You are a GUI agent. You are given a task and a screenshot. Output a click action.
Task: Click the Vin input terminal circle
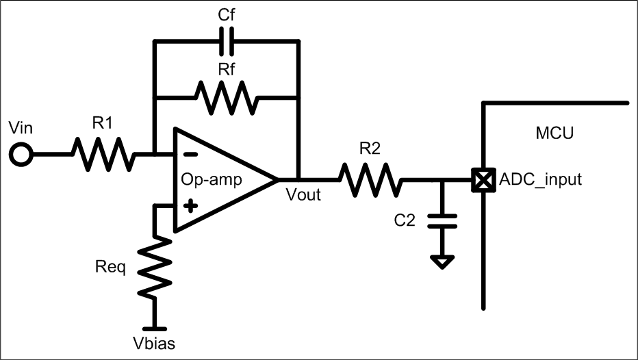22,155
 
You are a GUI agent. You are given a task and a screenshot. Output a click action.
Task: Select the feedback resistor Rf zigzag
227,97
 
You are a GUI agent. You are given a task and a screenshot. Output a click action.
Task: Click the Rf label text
227,69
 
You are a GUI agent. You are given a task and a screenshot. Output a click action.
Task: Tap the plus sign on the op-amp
186,204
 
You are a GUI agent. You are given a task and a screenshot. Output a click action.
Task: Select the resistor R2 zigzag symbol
369,180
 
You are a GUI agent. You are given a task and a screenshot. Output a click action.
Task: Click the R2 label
369,150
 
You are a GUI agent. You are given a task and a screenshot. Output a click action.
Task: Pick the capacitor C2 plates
442,220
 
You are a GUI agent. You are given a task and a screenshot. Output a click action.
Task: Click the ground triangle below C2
442,261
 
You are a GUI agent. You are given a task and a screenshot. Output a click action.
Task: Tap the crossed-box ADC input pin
484,181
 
